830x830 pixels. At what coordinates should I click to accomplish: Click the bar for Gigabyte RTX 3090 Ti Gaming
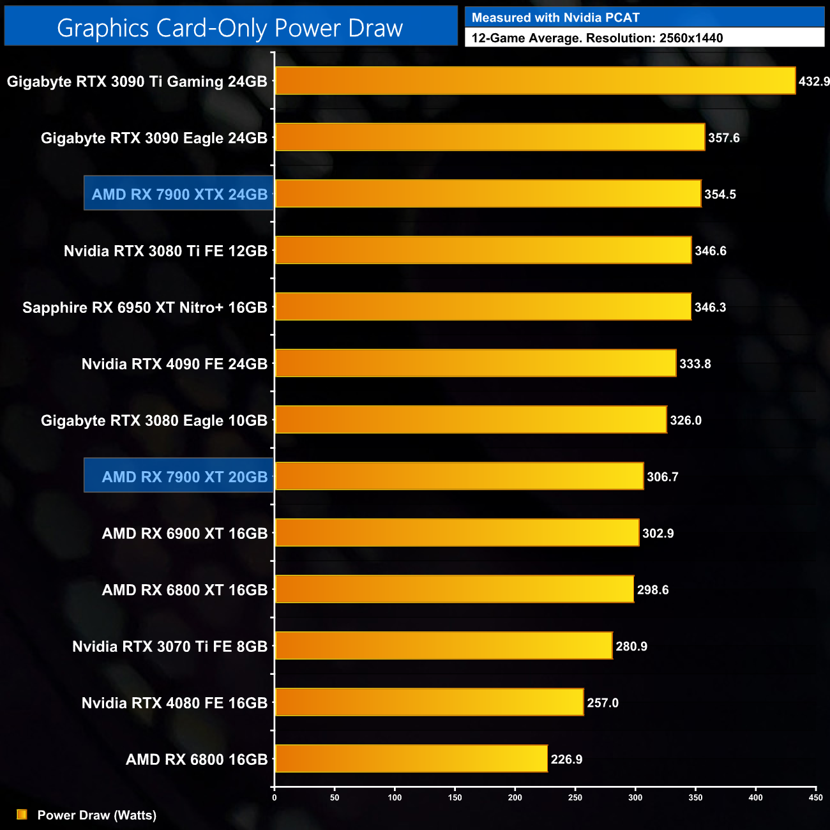pos(535,81)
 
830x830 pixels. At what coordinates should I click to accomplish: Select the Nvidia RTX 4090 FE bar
pos(476,363)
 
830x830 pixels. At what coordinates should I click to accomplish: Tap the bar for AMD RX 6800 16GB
pos(411,758)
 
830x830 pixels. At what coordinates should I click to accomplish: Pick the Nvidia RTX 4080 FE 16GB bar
pos(429,702)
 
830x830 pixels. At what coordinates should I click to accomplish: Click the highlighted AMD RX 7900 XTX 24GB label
pos(179,194)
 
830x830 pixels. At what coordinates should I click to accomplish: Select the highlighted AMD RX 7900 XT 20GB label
pos(185,477)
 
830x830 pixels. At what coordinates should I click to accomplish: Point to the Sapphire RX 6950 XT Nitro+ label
pos(145,308)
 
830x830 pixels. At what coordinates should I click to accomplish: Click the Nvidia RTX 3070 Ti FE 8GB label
pos(170,647)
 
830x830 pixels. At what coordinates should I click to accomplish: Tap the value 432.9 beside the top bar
pos(814,82)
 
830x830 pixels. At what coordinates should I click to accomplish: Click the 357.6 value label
pos(723,138)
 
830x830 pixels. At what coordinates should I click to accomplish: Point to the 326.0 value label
pos(686,421)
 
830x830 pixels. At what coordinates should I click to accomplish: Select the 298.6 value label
pos(653,590)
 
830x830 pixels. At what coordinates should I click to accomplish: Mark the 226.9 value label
pos(566,760)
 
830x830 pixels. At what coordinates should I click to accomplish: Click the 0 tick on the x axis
pos(275,797)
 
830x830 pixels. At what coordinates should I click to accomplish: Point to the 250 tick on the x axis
pos(575,797)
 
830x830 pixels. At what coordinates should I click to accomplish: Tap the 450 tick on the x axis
pos(815,797)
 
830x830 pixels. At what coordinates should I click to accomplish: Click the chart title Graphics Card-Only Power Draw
pos(230,28)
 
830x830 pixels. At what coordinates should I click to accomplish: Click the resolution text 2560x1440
pos(691,38)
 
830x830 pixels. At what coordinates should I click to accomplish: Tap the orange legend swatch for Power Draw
pos(22,815)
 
